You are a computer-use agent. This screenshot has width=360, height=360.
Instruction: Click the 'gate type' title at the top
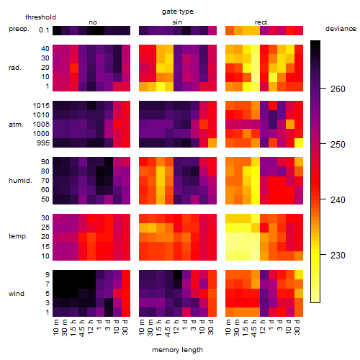click(x=178, y=12)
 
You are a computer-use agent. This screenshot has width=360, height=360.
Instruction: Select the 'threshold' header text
click(x=40, y=17)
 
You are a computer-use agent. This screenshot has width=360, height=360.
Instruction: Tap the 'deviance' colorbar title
click(x=341, y=29)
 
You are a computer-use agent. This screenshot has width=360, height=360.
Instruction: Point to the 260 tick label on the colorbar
click(x=338, y=89)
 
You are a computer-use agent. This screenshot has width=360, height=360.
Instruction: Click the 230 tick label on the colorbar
click(x=338, y=256)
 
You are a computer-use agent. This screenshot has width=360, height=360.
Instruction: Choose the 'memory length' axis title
click(x=177, y=350)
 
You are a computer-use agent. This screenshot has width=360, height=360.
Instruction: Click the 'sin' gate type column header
click(x=177, y=22)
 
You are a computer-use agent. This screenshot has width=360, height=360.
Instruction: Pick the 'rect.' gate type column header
click(x=262, y=22)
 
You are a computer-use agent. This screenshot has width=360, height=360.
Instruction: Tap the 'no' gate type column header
click(x=93, y=22)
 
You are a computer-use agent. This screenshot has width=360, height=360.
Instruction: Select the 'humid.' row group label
click(x=20, y=181)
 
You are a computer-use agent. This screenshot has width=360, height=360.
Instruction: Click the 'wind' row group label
click(x=17, y=294)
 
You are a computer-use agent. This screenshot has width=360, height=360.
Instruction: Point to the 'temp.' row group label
click(x=18, y=236)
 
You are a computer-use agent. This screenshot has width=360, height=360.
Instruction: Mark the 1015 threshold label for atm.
click(x=41, y=106)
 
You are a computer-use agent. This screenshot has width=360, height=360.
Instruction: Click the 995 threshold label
click(x=43, y=143)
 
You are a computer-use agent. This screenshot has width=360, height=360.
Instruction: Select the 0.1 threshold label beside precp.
click(x=44, y=30)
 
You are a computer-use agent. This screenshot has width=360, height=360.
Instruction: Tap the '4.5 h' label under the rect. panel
click(x=255, y=328)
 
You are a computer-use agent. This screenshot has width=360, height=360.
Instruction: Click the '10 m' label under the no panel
click(x=57, y=327)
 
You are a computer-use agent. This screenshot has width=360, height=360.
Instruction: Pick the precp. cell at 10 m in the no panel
click(x=57, y=31)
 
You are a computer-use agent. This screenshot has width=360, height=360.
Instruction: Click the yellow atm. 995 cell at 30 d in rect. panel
click(x=299, y=143)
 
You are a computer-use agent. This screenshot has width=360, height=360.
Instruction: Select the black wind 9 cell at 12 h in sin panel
click(x=178, y=274)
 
